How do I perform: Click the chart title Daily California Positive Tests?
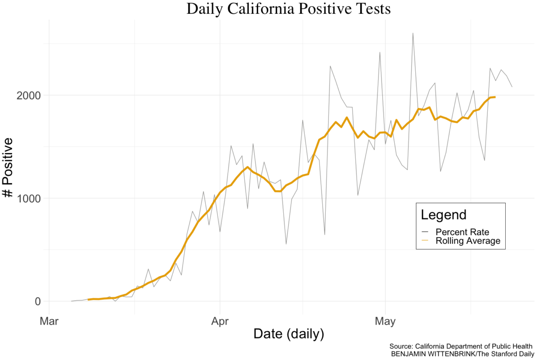point(288,9)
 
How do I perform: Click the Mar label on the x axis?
point(49,321)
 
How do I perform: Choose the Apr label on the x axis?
point(220,321)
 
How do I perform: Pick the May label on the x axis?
point(385,321)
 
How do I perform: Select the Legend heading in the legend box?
point(443,214)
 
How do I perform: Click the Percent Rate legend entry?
point(462,232)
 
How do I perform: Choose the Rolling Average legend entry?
point(468,241)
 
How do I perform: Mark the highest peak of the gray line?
point(413,33)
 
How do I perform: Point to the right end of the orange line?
point(494,97)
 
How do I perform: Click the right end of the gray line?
point(512,86)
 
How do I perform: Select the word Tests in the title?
point(372,9)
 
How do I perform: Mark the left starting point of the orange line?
point(89,300)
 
